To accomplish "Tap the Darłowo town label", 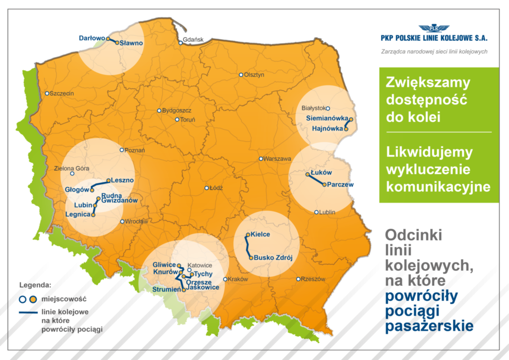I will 92,38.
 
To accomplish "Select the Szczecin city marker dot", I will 47,93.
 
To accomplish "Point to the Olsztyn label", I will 254,75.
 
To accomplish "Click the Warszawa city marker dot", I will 261,159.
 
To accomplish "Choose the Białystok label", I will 312,108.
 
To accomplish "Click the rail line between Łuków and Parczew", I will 315,179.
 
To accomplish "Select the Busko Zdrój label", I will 273,258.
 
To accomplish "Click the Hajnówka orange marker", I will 346,128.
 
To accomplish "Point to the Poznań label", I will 135,150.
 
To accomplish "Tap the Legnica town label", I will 78,214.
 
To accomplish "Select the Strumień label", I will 166,289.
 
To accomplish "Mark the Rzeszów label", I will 312,279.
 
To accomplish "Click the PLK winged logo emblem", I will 434,28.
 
